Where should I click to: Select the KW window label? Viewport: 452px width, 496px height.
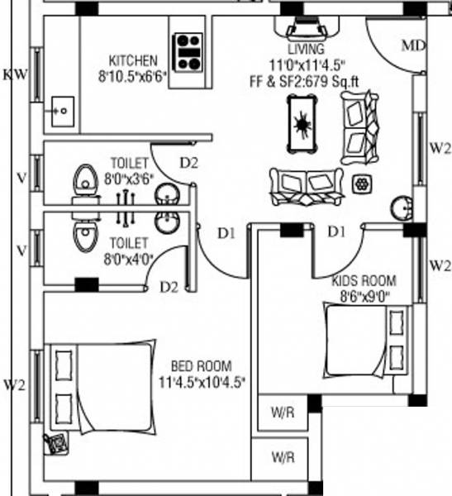click(x=15, y=74)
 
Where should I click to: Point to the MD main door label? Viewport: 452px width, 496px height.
click(x=413, y=45)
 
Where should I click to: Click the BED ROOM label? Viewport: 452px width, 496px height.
click(x=202, y=365)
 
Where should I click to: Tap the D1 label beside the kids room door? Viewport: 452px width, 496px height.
click(x=335, y=232)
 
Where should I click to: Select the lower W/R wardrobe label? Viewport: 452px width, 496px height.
click(x=283, y=456)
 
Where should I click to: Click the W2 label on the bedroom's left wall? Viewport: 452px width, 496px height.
click(x=15, y=384)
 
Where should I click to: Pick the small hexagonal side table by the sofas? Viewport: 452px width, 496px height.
click(x=362, y=183)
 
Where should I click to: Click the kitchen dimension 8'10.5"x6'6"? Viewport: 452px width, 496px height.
click(x=132, y=75)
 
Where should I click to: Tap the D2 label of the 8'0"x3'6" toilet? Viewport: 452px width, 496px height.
click(x=190, y=162)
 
